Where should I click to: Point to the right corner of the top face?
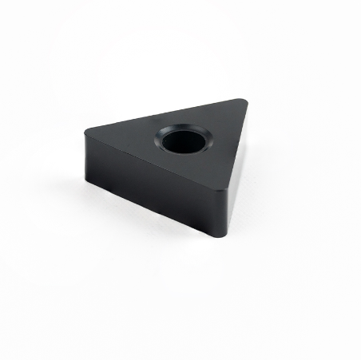[x=244, y=100]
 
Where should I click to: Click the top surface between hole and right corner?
[x=217, y=128]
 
